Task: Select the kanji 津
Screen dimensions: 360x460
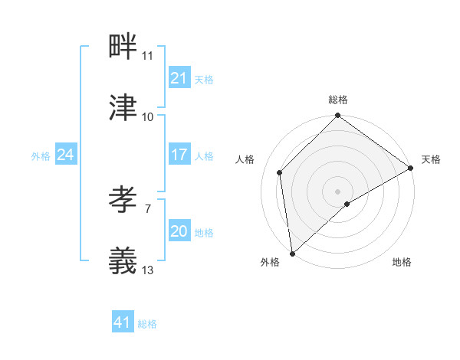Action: (x=123, y=108)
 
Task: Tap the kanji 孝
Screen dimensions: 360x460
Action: (x=123, y=200)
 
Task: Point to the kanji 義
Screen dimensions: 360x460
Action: (x=123, y=260)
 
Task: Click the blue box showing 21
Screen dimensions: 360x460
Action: (x=179, y=78)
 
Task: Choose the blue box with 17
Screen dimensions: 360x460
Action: (x=179, y=155)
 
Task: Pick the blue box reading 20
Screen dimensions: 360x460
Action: (x=179, y=231)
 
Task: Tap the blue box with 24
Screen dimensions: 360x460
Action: (x=65, y=155)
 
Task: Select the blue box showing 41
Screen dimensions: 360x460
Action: (x=123, y=322)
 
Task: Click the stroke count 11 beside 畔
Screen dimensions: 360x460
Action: (x=147, y=56)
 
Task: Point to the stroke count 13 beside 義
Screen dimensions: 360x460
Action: (x=147, y=270)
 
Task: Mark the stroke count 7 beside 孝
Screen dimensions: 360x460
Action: (x=147, y=208)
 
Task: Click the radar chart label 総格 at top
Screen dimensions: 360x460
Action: (x=338, y=100)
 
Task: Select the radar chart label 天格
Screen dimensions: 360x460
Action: (x=431, y=159)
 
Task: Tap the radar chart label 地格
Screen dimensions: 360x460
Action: (x=402, y=262)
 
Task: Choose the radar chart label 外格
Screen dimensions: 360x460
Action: (x=270, y=262)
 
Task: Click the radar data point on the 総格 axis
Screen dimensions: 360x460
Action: (x=338, y=116)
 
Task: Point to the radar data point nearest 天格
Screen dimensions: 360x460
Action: (x=411, y=168)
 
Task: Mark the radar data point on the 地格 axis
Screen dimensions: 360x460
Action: (x=347, y=204)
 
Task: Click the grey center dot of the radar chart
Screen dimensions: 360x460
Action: (x=338, y=191)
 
